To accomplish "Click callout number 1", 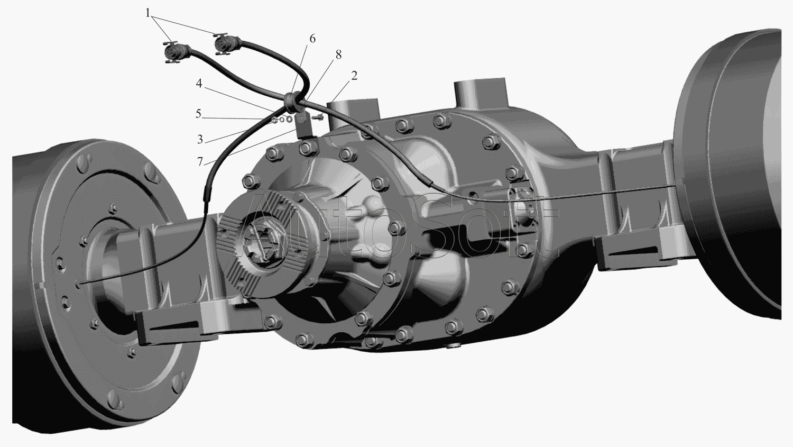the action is pyautogui.click(x=147, y=13).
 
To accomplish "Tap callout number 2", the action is pyautogui.click(x=354, y=76).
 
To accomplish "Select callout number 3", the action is pyautogui.click(x=200, y=140).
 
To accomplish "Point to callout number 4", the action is pyautogui.click(x=199, y=84).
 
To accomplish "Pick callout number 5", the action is pyautogui.click(x=198, y=114).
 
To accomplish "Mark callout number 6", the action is pyautogui.click(x=312, y=39).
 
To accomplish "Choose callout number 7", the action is pyautogui.click(x=200, y=161).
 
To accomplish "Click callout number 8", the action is pyautogui.click(x=338, y=55).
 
